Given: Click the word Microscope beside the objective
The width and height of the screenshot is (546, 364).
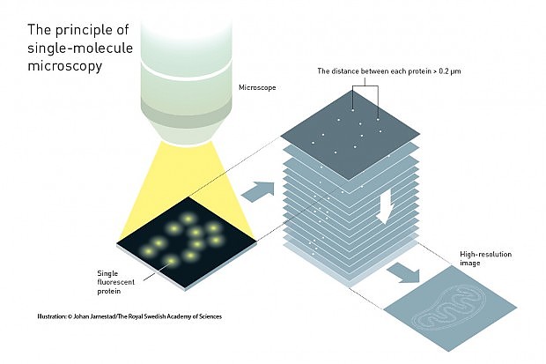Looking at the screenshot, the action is pyautogui.click(x=257, y=87).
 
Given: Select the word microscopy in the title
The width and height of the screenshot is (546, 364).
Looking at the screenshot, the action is pyautogui.click(x=65, y=66).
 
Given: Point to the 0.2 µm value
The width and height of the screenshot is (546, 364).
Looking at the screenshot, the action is pyautogui.click(x=450, y=71).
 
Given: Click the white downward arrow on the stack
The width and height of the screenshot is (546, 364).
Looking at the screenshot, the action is pyautogui.click(x=385, y=207).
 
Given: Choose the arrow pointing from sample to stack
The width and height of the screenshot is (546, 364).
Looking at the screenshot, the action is pyautogui.click(x=258, y=191).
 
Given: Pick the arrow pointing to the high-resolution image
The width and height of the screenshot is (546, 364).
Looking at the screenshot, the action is pyautogui.click(x=404, y=273).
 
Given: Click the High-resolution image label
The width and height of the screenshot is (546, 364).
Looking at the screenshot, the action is pyautogui.click(x=485, y=258).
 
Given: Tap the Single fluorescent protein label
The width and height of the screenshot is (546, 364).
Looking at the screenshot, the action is pyautogui.click(x=115, y=282).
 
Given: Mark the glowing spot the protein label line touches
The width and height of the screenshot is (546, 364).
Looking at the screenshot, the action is pyautogui.click(x=171, y=261).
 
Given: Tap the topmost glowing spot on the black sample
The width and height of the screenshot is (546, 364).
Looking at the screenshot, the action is pyautogui.click(x=188, y=219).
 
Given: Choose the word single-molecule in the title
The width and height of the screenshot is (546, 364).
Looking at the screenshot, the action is pyautogui.click(x=80, y=48).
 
